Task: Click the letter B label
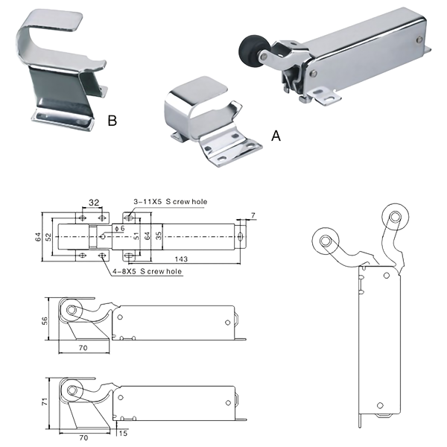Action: [x=112, y=120]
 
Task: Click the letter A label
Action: [x=276, y=136]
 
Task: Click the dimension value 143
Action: [x=181, y=259]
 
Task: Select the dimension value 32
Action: [x=94, y=203]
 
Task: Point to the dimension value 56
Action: [x=45, y=320]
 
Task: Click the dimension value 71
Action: [x=45, y=402]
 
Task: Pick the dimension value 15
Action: [x=123, y=434]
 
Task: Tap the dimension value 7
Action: [x=253, y=215]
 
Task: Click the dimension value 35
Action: [x=159, y=235]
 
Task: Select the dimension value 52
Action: [x=48, y=237]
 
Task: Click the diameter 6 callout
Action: [x=119, y=229]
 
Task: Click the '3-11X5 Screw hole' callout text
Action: [x=171, y=202]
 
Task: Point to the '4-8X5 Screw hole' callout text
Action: [x=147, y=271]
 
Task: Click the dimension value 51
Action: [x=137, y=236]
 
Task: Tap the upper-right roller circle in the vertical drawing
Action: [x=396, y=217]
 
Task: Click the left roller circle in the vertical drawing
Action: [x=326, y=241]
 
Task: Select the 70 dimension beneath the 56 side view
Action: [x=83, y=348]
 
